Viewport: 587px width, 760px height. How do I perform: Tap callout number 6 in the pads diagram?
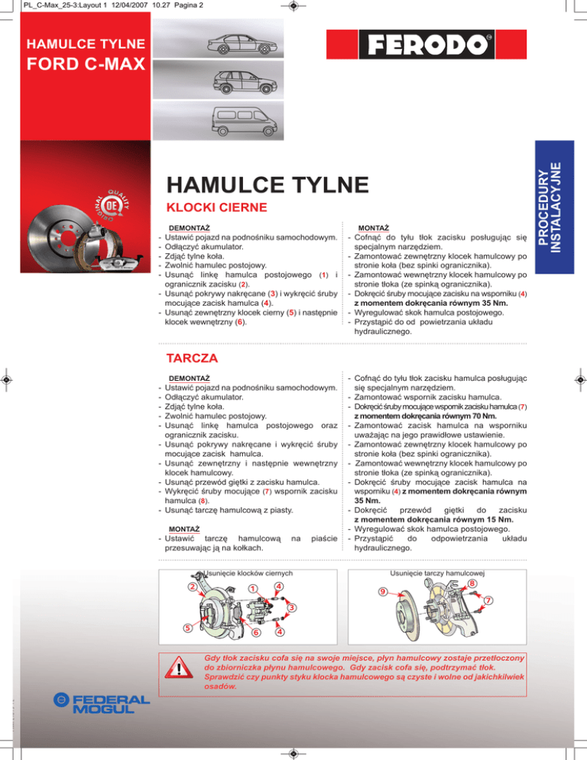tap(256, 632)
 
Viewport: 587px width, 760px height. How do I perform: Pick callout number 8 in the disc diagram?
tap(474, 583)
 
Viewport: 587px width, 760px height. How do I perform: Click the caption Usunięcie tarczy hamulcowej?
tap(438, 572)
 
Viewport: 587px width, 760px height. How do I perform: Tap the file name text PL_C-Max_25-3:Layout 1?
tap(52, 6)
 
